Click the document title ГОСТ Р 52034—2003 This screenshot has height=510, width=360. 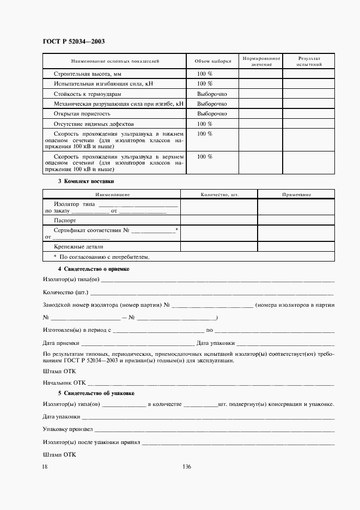pos(74,41)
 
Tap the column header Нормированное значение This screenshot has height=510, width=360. pos(261,61)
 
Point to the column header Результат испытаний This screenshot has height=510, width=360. pos(309,61)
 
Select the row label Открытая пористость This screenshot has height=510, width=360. pos(82,114)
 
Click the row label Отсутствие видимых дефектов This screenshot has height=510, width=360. pos(90,124)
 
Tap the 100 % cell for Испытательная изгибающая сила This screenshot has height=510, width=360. pos(204,83)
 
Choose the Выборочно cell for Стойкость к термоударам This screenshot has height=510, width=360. pos(212,94)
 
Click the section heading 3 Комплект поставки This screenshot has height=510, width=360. pos(86,181)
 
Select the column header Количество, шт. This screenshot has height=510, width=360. pos(219,194)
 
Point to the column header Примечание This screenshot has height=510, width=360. pos(296,194)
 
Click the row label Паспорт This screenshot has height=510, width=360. pos(65,220)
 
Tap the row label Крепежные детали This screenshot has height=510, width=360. pos(76,247)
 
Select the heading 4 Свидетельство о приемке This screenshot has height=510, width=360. pos(93,269)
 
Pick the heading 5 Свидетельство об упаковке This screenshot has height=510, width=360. pos(96,393)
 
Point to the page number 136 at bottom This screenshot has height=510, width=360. pos(187,466)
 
